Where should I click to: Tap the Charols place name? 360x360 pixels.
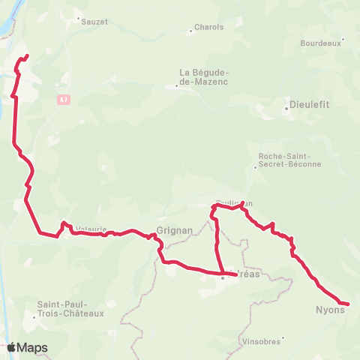pyautogui.click(x=209, y=27)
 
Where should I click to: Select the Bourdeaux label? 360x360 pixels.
pyautogui.click(x=320, y=43)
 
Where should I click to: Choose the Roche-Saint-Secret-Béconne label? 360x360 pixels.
pyautogui.click(x=289, y=160)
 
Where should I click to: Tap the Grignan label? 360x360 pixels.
pyautogui.click(x=175, y=231)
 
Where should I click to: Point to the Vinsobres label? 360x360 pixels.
pyautogui.click(x=261, y=341)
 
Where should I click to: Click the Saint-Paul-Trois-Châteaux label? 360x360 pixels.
pyautogui.click(x=70, y=308)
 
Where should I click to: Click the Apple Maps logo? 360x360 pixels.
pyautogui.click(x=26, y=347)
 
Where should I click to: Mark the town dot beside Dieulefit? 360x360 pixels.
pyautogui.click(x=286, y=109)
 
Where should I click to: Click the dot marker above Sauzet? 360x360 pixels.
pyautogui.click(x=78, y=16)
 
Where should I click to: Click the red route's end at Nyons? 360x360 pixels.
pyautogui.click(x=348, y=304)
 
